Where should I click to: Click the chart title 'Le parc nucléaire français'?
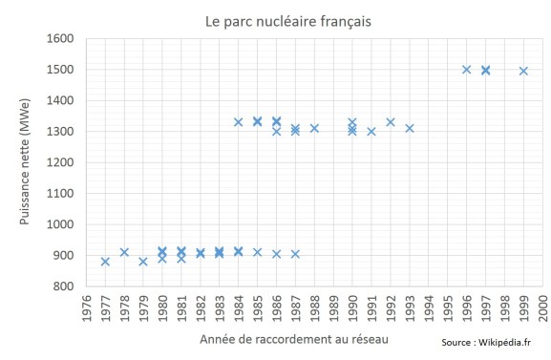(x=275, y=19)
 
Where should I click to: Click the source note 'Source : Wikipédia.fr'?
(x=486, y=342)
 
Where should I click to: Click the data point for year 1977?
(x=105, y=262)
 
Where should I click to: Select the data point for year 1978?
(x=124, y=252)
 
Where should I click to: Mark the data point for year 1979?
(x=143, y=262)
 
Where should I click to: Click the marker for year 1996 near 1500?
(x=466, y=70)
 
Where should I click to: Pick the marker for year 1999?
(x=523, y=71)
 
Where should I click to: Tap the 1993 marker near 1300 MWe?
(x=410, y=128)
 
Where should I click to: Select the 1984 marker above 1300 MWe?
(x=238, y=122)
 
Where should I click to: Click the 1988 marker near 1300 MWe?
(x=314, y=128)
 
